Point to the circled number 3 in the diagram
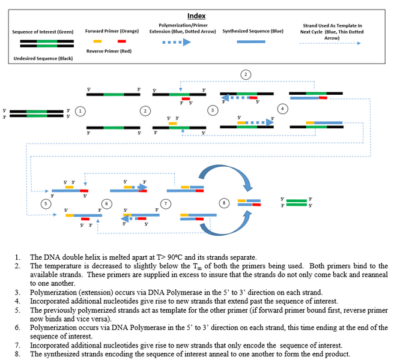pos(212,110)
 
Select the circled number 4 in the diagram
pos(282,109)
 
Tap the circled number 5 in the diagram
pos(46,203)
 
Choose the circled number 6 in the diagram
pos(106,203)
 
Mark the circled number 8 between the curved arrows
pos(224,203)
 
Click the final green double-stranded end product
pos(295,202)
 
